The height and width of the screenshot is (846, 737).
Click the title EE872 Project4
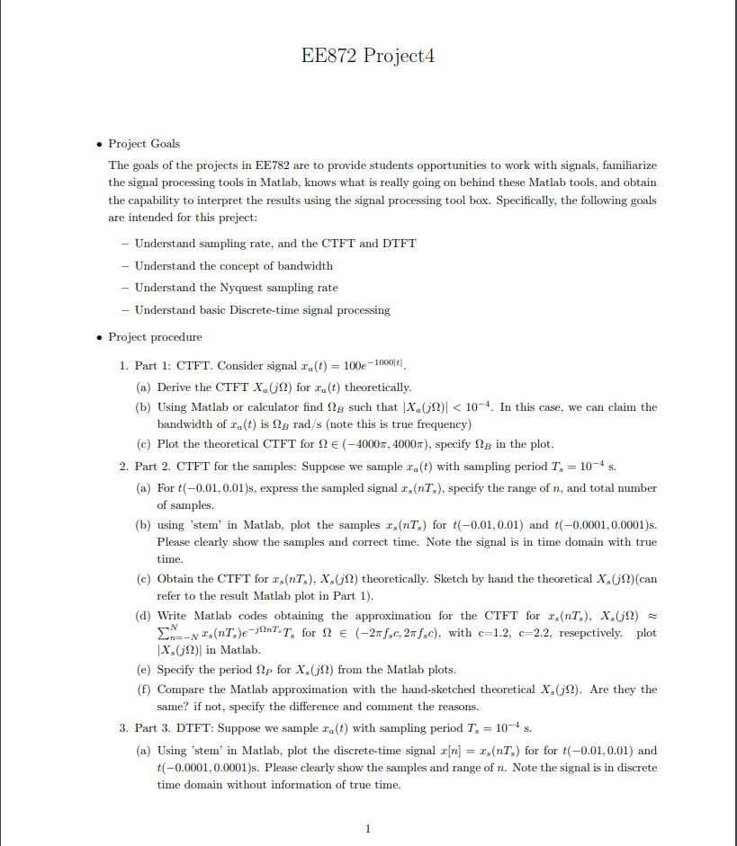click(368, 56)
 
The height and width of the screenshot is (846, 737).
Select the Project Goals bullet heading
click(144, 144)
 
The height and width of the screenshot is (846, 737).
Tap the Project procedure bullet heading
click(155, 337)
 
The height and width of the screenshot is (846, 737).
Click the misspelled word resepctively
click(598, 633)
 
